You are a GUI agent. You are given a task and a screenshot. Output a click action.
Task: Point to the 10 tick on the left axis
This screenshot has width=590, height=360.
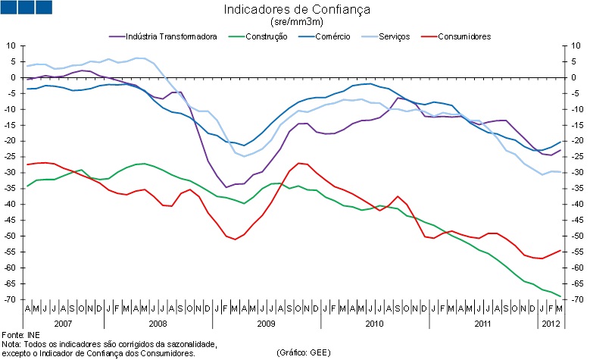pos(12,45)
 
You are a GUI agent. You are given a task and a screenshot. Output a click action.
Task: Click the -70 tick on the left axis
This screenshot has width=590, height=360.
pos(11,300)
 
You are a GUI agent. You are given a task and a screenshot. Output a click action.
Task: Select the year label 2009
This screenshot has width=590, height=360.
pos(267,324)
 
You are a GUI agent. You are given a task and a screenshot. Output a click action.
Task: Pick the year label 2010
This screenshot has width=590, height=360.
pos(375,324)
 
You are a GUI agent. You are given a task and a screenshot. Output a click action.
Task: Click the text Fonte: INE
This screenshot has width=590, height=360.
pos(20,334)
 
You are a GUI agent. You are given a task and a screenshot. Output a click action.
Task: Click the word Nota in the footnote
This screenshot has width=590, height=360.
pos(10,343)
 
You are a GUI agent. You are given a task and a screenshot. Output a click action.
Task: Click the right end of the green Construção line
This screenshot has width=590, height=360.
pos(560,296)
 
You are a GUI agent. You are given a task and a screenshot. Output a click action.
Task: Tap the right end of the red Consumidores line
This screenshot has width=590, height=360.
pos(560,250)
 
